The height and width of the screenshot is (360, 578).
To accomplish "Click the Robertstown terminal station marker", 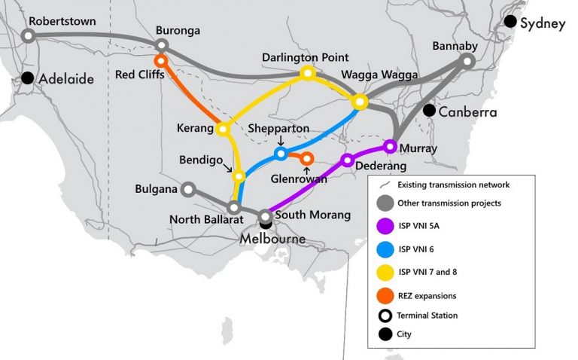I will click(29, 35).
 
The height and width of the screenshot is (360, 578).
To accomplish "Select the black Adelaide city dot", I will click(29, 77).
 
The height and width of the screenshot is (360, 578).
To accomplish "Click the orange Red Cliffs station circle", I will click(160, 60).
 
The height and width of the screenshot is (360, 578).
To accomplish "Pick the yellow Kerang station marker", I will click(222, 129).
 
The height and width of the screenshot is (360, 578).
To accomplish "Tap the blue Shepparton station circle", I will click(281, 154).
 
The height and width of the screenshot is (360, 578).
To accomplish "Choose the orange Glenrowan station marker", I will click(306, 158).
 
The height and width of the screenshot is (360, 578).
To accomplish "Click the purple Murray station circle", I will click(390, 145).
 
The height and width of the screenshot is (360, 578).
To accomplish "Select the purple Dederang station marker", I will click(348, 160).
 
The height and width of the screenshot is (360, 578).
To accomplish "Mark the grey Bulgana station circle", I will click(188, 189).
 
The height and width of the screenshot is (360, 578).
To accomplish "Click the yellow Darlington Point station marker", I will click(307, 73).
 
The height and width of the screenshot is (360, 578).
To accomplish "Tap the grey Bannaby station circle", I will click(467, 61).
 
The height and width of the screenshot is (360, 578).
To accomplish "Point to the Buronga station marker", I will click(161, 45).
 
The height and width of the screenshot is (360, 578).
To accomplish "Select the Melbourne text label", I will click(272, 239).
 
